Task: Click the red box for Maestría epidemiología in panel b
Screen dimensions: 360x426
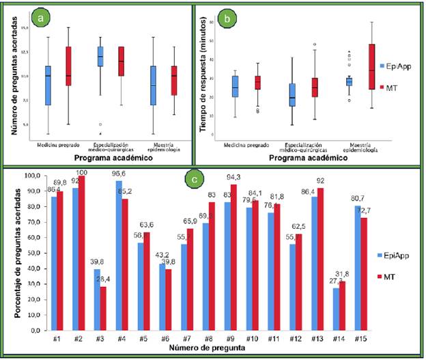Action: [x=371, y=67]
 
